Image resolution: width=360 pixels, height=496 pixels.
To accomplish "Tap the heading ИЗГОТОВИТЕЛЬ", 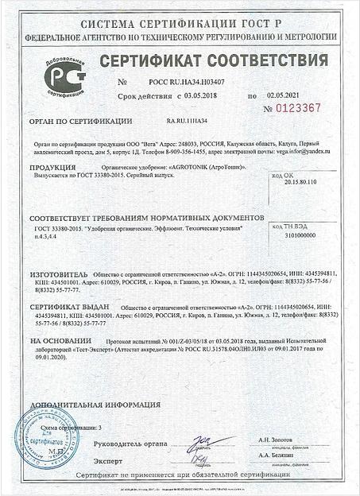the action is (58, 271).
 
